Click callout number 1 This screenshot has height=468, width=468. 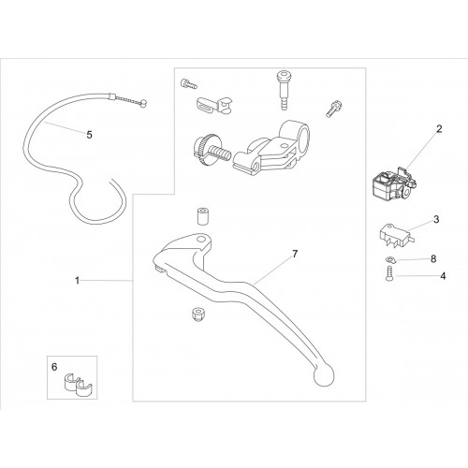(78, 281)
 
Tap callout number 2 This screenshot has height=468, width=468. (439, 129)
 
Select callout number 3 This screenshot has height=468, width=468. (436, 219)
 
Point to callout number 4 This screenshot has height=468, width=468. (443, 276)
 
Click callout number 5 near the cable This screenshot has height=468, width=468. (90, 135)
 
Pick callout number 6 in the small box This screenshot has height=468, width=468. (54, 367)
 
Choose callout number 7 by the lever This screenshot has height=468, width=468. (295, 254)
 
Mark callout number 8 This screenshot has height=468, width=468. (433, 259)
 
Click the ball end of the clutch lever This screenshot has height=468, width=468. (324, 375)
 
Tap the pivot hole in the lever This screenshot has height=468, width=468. (201, 240)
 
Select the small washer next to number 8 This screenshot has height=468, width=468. (389, 259)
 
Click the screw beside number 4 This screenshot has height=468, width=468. (389, 273)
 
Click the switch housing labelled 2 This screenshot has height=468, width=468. (394, 183)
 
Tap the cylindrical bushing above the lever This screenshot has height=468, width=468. (203, 216)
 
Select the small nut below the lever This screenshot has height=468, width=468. (197, 314)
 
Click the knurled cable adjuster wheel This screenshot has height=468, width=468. (204, 149)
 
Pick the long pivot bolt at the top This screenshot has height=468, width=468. (283, 90)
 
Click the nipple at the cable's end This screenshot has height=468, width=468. (143, 103)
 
